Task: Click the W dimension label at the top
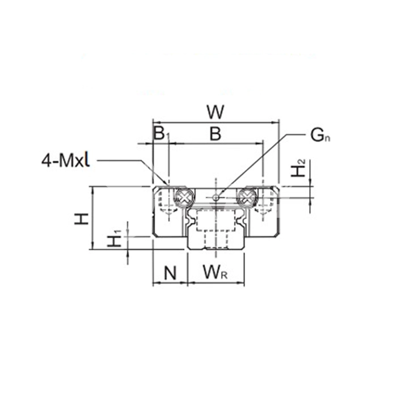coord(216,112)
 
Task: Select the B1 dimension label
coord(161,134)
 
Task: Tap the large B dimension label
coord(216,134)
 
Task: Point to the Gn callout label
coord(320,136)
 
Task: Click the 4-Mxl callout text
coord(66,161)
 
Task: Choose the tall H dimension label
coord(81,219)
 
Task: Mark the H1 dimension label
coord(115,238)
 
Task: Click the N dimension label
coord(170,273)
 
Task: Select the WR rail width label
coord(215,272)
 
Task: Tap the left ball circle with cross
coord(184,196)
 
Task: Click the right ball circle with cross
coord(246,197)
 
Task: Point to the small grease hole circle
coord(216,197)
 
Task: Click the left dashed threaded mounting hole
coord(168,202)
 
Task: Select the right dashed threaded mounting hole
coord(263,202)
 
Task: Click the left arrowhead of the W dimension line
coord(155,123)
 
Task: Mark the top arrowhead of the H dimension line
coord(92,189)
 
